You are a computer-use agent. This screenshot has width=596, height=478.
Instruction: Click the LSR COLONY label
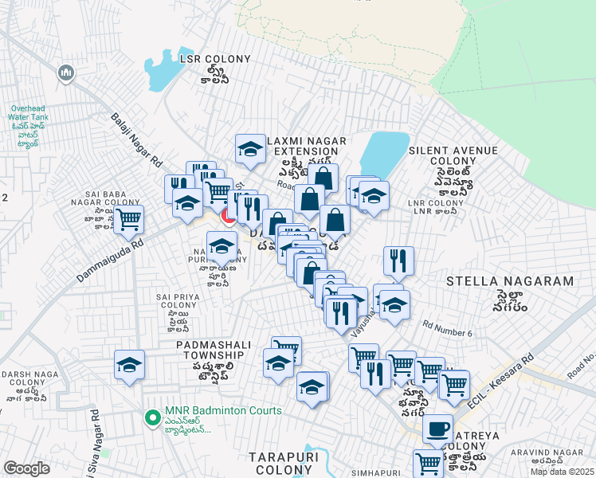coord(215,59)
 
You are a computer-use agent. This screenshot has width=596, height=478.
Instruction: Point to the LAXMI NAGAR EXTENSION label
coord(308,146)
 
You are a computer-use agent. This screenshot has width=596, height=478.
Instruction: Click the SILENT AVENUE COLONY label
coord(454,155)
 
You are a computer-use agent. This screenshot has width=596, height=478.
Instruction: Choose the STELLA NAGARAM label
coord(510,281)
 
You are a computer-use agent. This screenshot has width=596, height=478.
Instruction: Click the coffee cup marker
coord(437,429)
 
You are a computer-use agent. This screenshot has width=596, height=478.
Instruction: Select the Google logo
coord(26,468)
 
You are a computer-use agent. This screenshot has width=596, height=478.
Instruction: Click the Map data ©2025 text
coord(561,471)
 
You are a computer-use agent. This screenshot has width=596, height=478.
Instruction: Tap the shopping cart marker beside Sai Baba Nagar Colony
coord(128,218)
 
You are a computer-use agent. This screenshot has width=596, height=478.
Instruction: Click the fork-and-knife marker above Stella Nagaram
coord(398,260)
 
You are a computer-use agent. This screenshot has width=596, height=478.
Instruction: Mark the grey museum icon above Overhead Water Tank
coord(65,74)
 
